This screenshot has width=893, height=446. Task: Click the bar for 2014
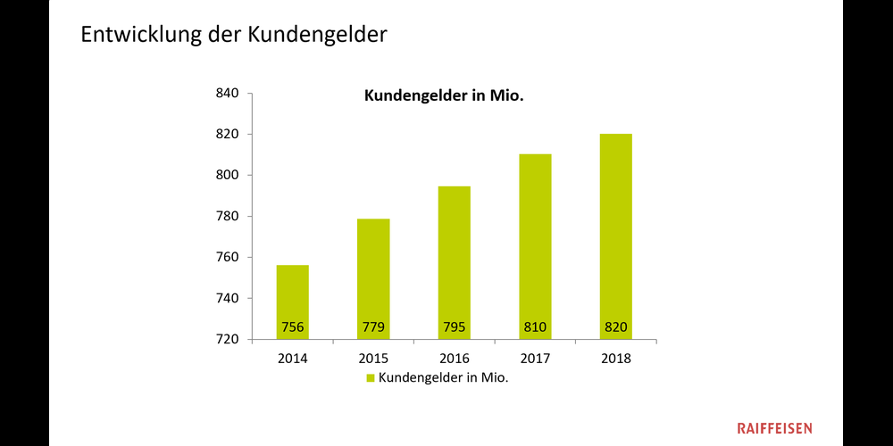(x=292, y=301)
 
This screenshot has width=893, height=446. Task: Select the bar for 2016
(x=454, y=262)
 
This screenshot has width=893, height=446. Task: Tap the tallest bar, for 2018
(x=615, y=236)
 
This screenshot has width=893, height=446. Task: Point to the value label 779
(x=373, y=327)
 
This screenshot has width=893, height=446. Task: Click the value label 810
(x=535, y=327)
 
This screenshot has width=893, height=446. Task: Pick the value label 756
(x=292, y=327)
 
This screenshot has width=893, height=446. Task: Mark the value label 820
(x=615, y=327)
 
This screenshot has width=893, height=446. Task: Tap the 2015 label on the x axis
(x=373, y=359)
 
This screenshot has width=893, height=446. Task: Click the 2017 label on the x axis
(x=535, y=359)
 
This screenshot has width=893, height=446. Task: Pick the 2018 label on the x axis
(x=615, y=359)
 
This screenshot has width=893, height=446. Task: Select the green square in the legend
(x=371, y=378)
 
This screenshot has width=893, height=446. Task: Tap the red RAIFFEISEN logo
(x=774, y=428)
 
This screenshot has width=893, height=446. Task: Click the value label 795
(x=454, y=327)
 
